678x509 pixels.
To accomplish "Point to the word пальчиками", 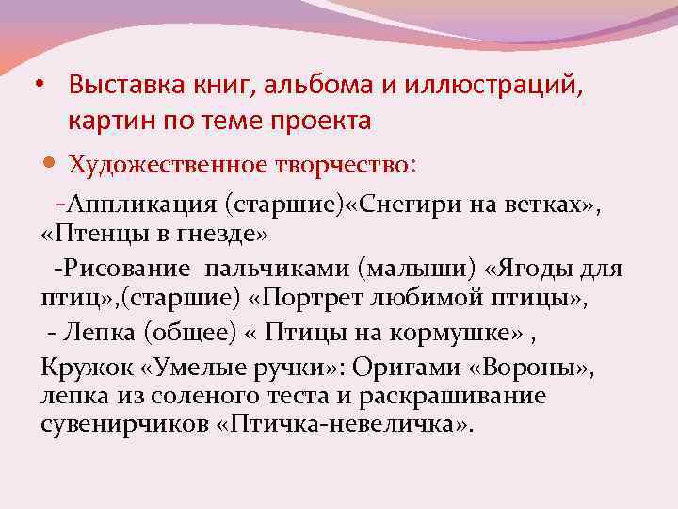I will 275,269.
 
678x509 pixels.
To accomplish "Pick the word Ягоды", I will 541,269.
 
